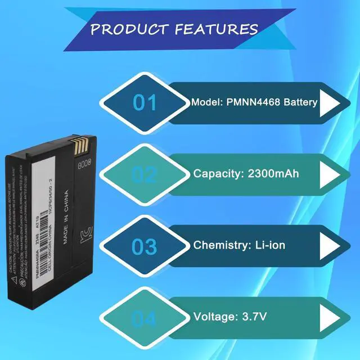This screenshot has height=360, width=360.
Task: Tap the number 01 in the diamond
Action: tap(145, 103)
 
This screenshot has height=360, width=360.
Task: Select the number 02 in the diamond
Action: tap(145, 175)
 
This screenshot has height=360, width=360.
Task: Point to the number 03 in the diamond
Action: tap(145, 246)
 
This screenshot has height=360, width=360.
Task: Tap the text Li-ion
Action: tap(267, 245)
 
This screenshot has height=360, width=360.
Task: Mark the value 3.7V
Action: tap(253, 316)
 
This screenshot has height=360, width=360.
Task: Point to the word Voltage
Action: tap(214, 316)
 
